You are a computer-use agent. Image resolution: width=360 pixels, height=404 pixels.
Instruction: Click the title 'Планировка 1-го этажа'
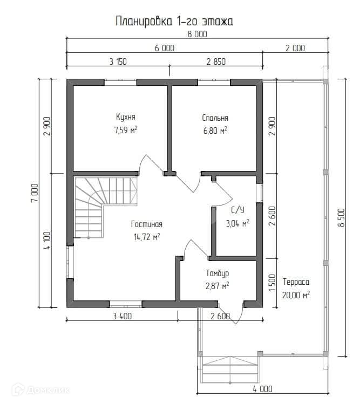click(x=174, y=21)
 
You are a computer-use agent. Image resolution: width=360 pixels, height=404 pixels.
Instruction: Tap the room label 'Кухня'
click(x=126, y=117)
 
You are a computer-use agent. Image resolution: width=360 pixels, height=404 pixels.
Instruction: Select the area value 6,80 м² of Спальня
click(x=215, y=131)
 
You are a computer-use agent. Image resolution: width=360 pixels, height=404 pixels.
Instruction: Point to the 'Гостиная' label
click(x=147, y=224)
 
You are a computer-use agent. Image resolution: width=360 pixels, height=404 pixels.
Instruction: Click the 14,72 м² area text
click(x=147, y=237)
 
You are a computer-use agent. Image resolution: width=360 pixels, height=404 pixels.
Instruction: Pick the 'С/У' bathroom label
click(x=237, y=210)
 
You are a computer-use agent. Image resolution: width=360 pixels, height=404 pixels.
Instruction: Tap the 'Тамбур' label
click(x=217, y=273)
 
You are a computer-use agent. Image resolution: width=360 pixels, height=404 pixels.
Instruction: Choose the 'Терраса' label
click(x=296, y=282)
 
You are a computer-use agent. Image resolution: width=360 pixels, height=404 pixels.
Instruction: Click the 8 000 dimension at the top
click(x=198, y=34)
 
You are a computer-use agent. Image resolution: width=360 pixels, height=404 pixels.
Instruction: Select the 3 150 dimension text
click(x=118, y=61)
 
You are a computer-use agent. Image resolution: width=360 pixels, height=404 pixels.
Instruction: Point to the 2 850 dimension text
click(x=216, y=61)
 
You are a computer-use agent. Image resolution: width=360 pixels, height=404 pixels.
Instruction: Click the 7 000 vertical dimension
click(x=35, y=193)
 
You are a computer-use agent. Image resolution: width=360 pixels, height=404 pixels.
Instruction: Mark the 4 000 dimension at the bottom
click(x=262, y=389)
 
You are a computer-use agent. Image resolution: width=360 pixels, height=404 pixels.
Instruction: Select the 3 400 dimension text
click(x=122, y=316)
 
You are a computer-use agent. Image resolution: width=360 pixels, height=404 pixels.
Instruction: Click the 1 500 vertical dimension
click(x=272, y=283)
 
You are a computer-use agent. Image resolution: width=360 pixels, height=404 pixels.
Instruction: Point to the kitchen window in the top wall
click(x=120, y=82)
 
